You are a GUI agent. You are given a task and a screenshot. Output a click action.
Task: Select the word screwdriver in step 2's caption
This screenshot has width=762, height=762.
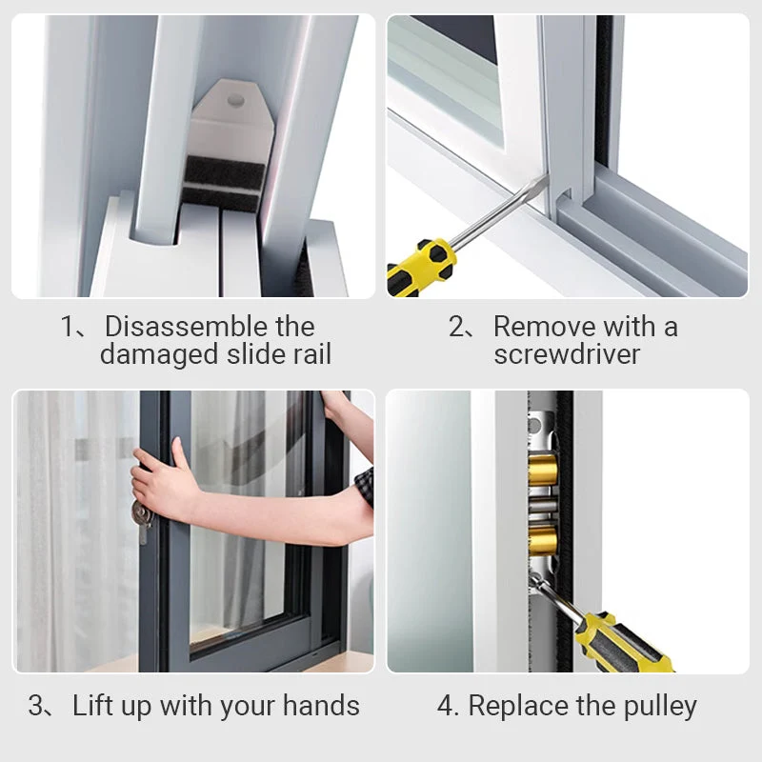tap(567, 353)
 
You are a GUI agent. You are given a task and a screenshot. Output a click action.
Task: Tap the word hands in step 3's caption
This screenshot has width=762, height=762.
tap(321, 705)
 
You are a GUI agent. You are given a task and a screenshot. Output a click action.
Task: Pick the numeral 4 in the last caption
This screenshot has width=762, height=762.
tap(445, 706)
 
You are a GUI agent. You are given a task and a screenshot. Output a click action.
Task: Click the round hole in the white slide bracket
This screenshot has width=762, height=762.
tap(235, 100)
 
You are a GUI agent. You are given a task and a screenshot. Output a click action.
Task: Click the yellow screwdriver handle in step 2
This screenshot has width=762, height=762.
tap(421, 269)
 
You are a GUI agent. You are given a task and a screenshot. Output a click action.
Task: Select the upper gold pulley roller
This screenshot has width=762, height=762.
tap(543, 470)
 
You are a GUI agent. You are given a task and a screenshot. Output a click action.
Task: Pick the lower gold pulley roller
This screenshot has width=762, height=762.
tap(543, 540)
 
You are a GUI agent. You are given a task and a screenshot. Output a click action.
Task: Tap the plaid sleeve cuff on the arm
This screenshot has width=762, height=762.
tap(365, 486)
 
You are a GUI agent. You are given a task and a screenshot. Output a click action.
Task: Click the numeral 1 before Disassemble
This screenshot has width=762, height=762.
tap(67, 326)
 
